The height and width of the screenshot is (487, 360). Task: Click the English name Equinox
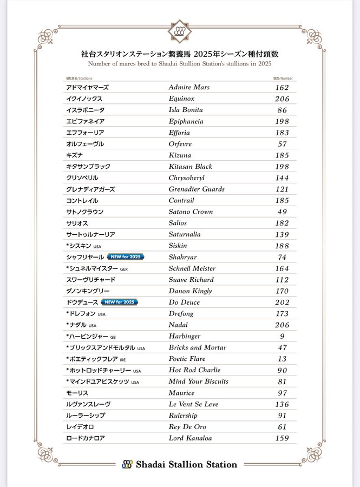point(181,99)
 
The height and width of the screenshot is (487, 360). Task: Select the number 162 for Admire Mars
point(282,88)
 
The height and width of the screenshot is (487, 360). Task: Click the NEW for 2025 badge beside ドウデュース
point(119,302)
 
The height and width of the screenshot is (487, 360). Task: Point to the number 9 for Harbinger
point(282,337)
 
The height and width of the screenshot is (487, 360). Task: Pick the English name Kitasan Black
point(190,167)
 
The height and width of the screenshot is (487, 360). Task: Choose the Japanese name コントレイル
point(82,201)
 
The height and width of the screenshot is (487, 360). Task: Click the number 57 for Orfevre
point(282,144)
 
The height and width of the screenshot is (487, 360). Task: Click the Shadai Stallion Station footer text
point(186,464)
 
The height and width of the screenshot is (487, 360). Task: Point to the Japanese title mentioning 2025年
point(180,55)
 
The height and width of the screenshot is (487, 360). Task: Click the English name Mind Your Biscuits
point(198,381)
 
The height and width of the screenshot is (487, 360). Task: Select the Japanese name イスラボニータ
point(85,110)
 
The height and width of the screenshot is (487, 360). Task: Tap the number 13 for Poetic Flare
point(282,359)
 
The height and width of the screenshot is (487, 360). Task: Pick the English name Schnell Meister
point(192,268)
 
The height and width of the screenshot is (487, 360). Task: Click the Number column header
point(283,78)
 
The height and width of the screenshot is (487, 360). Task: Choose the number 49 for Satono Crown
point(282,212)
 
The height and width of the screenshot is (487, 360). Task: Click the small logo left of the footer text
point(127,464)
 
